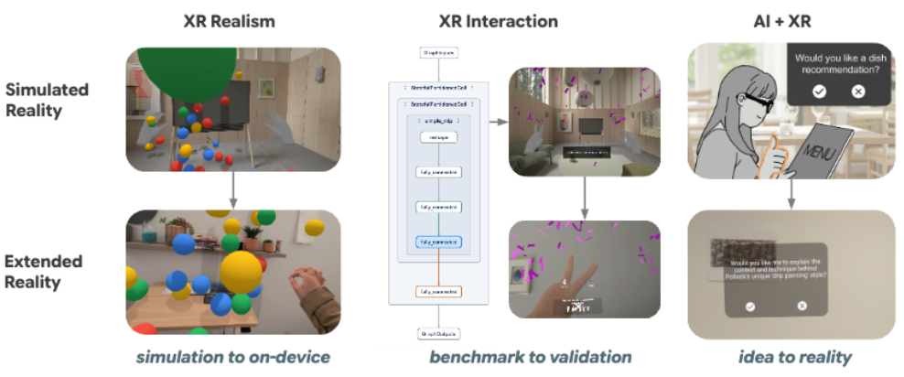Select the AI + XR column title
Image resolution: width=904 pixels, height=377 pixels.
click(788, 21)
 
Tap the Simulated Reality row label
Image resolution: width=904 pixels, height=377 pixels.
click(47, 101)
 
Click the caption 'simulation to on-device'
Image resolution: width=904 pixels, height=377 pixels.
click(231, 357)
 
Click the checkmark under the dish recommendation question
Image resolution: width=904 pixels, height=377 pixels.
click(819, 91)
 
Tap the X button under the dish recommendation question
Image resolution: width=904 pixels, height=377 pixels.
click(857, 91)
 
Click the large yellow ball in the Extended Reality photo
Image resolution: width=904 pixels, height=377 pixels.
click(242, 273)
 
